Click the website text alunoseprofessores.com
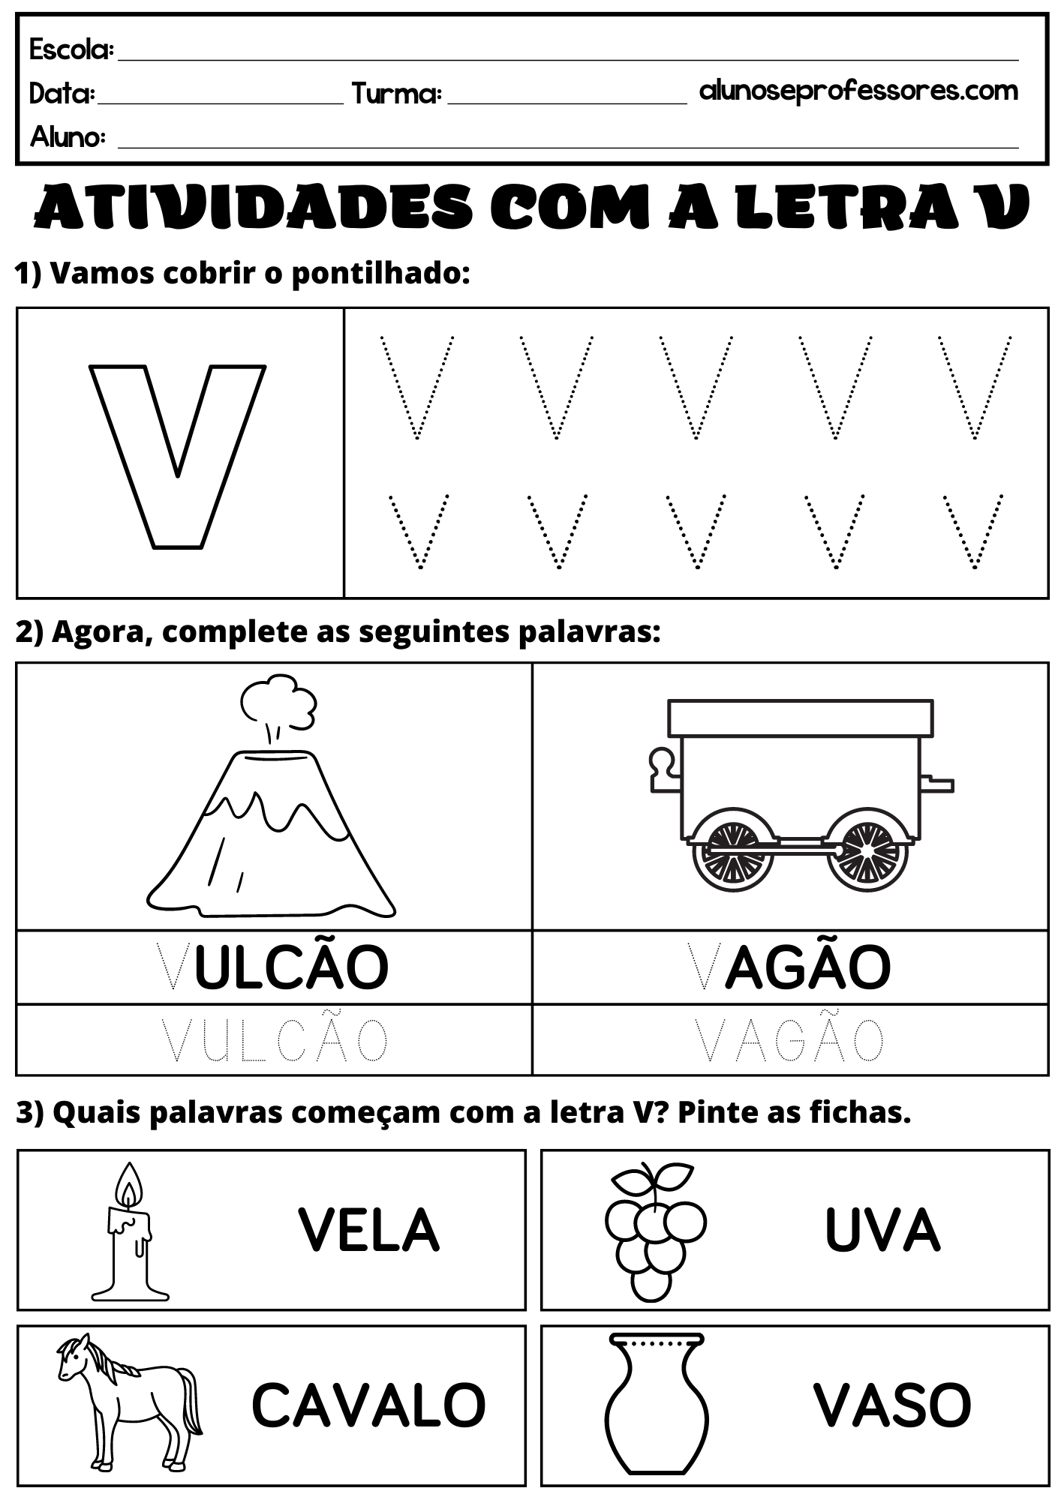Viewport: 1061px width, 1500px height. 858,91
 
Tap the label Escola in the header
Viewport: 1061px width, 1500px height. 71,50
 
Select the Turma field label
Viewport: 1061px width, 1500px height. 396,94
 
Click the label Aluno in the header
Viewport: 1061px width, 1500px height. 68,137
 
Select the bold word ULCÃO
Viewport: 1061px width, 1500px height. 291,967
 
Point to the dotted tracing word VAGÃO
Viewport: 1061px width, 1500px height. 789,1039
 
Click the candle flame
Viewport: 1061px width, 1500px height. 131,1190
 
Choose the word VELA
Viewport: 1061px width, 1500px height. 368,1230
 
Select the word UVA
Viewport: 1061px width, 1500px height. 882,1230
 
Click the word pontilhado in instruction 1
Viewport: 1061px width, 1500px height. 380,274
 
